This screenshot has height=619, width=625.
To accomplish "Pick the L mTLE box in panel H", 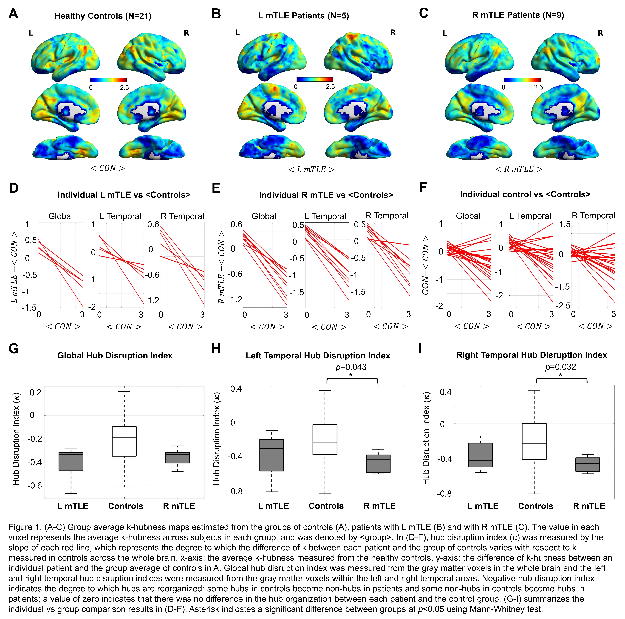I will (272, 455).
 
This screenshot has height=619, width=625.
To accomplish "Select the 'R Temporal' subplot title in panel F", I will (593, 216).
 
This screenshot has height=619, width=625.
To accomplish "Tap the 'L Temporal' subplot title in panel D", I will (120, 216).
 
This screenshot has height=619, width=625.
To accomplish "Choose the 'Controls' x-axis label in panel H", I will (326, 506).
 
